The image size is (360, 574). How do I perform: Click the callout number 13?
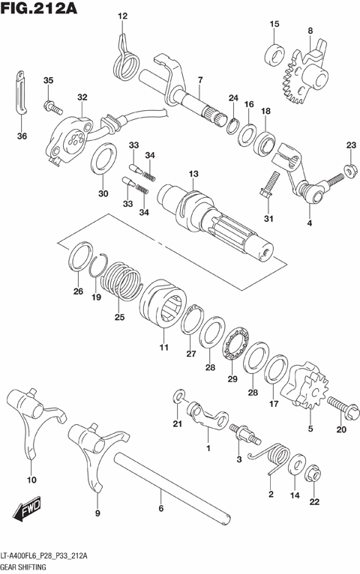tap(193, 174)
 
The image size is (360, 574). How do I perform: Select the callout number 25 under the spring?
tap(118, 317)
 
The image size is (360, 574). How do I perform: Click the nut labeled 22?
tap(313, 473)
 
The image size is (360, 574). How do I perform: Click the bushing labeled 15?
tap(274, 52)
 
